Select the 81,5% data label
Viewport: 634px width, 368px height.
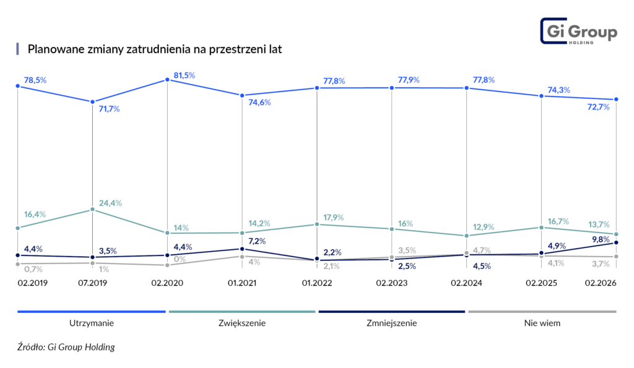184,75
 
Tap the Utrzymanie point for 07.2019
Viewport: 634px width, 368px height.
92,101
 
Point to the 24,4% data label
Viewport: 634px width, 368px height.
110,202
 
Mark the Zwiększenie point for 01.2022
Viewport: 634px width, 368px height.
317,224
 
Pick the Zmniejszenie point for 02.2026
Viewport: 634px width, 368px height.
617,242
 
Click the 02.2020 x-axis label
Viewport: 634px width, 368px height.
167,283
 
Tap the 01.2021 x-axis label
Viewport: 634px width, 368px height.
241,283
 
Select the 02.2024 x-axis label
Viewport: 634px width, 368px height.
466,283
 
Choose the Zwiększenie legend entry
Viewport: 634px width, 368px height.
241,322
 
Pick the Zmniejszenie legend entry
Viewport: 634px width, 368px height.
391,322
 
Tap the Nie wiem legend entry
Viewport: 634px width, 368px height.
542,322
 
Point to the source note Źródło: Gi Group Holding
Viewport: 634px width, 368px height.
66,347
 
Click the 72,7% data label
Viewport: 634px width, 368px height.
598,106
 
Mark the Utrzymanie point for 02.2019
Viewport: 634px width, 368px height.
17,87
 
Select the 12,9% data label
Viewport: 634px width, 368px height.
483,227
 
